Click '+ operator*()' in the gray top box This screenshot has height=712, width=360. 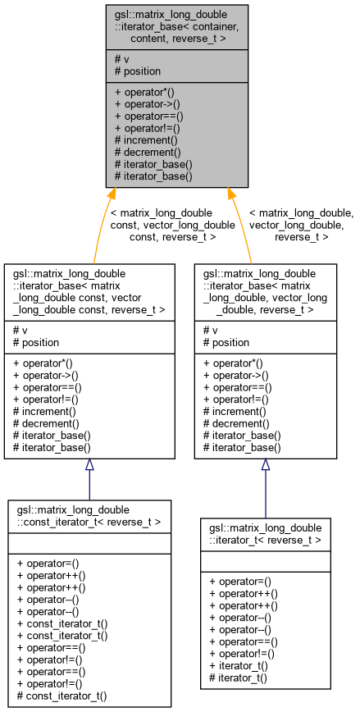tap(148, 90)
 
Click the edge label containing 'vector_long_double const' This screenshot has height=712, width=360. tap(162, 224)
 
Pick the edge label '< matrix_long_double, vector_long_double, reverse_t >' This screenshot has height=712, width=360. tap(301, 224)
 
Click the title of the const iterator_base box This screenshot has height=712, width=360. tap(89, 286)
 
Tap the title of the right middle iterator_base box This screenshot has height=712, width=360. tap(265, 286)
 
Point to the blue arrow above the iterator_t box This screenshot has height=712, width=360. tap(265, 488)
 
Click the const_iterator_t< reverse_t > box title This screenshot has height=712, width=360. tap(89, 515)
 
